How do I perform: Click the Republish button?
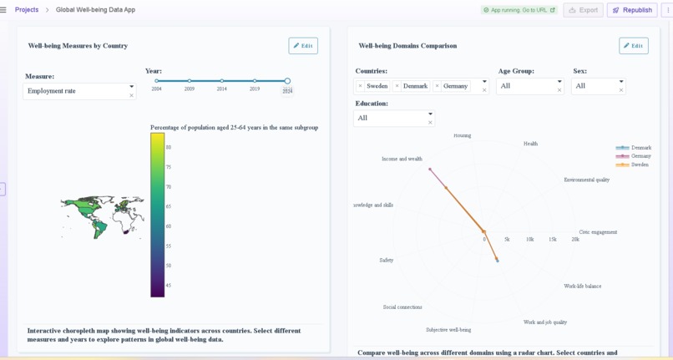click(x=632, y=10)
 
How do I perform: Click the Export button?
click(x=583, y=10)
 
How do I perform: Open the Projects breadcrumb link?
click(x=27, y=10)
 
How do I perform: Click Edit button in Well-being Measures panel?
click(x=303, y=46)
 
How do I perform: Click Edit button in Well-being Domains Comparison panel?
click(x=634, y=46)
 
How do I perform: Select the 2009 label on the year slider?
click(x=190, y=89)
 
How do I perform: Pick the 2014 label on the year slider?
click(x=222, y=89)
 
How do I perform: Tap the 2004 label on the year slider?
click(x=157, y=89)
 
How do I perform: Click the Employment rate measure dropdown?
click(x=78, y=91)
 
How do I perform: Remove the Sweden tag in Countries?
click(x=360, y=86)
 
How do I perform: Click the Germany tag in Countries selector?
click(x=455, y=86)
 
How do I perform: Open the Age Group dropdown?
click(x=529, y=86)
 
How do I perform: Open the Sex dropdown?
click(x=598, y=86)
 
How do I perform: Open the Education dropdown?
click(x=393, y=118)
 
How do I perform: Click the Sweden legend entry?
click(x=640, y=165)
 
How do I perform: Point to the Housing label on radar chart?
click(x=462, y=135)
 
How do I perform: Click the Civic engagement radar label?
click(x=598, y=232)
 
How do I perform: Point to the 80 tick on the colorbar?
click(x=169, y=148)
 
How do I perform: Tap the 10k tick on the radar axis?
click(x=529, y=240)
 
